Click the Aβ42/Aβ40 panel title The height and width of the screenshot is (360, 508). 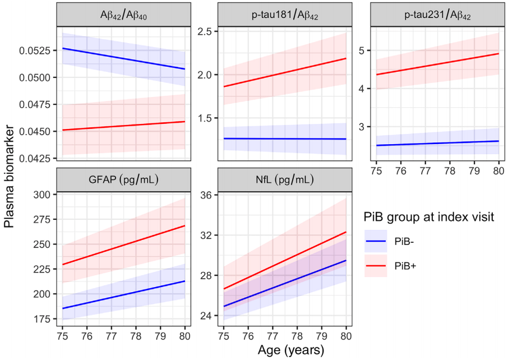click(x=124, y=16)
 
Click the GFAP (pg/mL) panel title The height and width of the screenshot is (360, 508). click(x=124, y=181)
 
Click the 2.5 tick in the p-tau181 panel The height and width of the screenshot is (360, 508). click(x=204, y=31)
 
